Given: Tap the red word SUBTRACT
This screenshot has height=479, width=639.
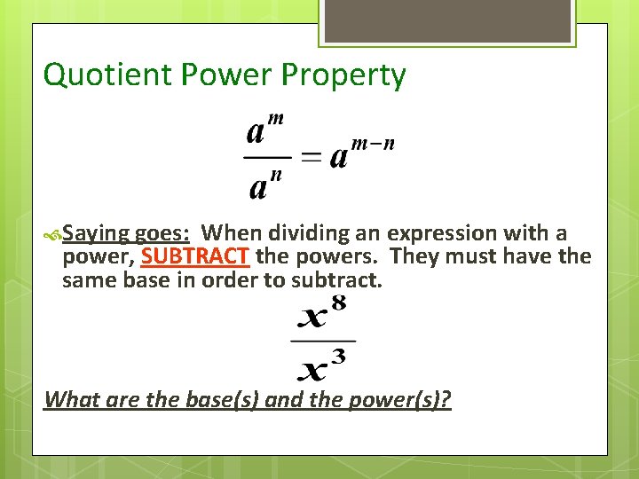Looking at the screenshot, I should [195, 257].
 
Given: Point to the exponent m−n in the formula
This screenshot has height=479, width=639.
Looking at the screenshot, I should [374, 144].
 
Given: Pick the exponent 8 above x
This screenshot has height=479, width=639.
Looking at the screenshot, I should [338, 304].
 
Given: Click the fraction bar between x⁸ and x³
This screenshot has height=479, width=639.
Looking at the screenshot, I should [323, 340].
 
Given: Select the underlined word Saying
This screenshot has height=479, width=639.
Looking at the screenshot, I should [97, 234].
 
